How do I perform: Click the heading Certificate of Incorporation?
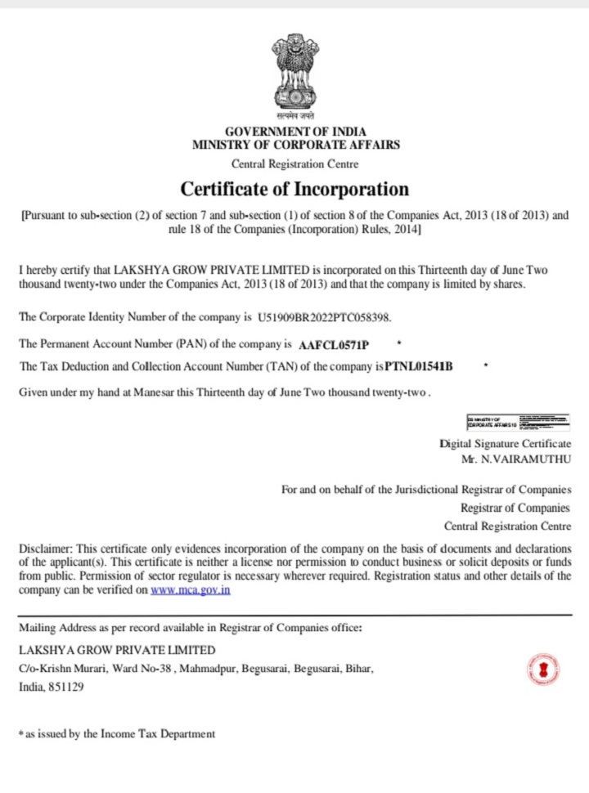(x=294, y=189)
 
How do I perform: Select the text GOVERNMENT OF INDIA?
(x=295, y=132)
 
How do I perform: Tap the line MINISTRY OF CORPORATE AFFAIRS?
(x=296, y=146)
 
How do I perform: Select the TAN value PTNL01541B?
(x=413, y=367)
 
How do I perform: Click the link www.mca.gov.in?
(x=191, y=589)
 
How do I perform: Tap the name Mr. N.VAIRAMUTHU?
(x=516, y=459)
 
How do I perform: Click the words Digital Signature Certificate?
(x=506, y=443)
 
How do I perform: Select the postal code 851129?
(x=65, y=688)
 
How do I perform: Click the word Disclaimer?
(x=45, y=548)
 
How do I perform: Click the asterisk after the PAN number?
(x=398, y=341)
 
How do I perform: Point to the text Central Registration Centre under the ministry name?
(x=295, y=164)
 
